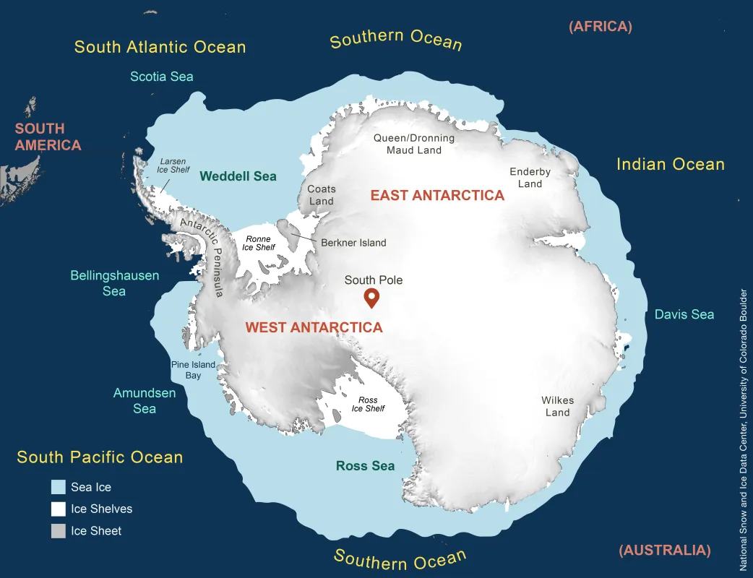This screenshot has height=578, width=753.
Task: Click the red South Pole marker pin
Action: click(x=372, y=296)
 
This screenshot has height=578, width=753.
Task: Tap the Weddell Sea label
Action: click(x=238, y=176)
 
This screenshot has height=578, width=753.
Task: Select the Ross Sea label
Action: click(x=366, y=466)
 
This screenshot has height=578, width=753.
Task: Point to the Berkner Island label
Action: click(x=353, y=243)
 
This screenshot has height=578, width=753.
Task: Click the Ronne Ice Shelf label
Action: click(x=258, y=243)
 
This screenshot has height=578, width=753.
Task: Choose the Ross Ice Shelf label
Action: click(x=368, y=405)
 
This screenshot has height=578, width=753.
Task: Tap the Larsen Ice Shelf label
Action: click(x=171, y=165)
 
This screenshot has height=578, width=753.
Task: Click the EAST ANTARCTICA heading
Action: click(x=437, y=195)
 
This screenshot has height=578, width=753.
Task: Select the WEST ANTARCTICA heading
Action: click(x=314, y=327)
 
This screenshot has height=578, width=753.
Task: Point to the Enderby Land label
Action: click(x=530, y=178)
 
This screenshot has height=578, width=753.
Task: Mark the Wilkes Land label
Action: click(x=557, y=406)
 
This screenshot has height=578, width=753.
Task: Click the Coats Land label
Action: click(x=322, y=195)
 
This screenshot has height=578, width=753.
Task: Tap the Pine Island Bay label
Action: click(x=193, y=370)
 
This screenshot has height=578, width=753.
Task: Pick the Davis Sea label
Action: click(x=684, y=314)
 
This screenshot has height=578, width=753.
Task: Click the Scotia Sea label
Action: click(x=161, y=76)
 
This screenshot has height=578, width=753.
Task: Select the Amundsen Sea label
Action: click(x=145, y=401)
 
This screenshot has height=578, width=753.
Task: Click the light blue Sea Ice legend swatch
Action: click(x=59, y=487)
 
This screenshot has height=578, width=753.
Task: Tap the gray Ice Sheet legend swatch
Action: click(x=59, y=531)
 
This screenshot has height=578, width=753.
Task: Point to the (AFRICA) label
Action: click(x=600, y=27)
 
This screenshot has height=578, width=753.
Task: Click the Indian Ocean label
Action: click(x=670, y=164)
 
